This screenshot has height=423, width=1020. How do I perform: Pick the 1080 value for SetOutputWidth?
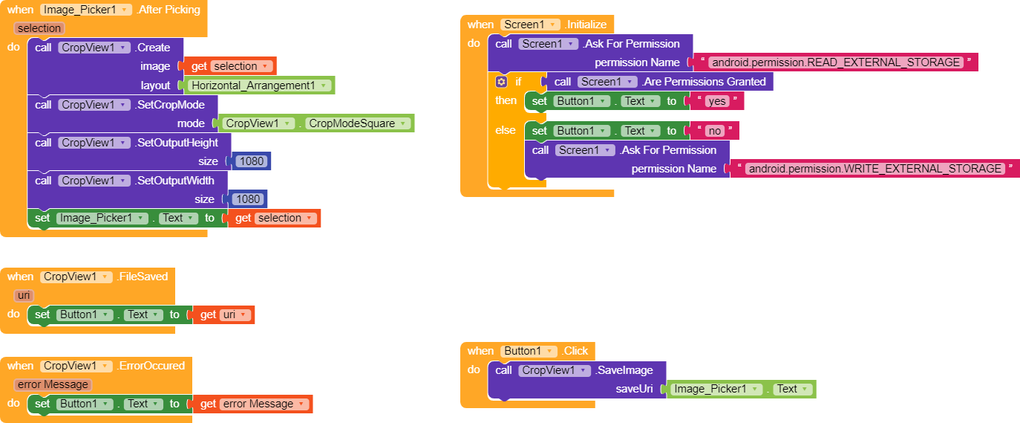pyautogui.click(x=248, y=199)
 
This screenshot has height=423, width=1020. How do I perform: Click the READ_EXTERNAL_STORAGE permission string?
pyautogui.click(x=835, y=62)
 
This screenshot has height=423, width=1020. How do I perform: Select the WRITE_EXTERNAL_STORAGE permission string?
pyautogui.click(x=874, y=169)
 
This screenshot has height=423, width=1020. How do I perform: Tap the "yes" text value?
pyautogui.click(x=717, y=101)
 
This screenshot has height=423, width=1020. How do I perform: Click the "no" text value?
pyautogui.click(x=714, y=131)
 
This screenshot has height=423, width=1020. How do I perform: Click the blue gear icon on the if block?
pyautogui.click(x=501, y=82)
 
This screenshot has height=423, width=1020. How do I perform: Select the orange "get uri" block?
pyautogui.click(x=223, y=314)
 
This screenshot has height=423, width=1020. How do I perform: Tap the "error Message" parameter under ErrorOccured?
pyautogui.click(x=52, y=384)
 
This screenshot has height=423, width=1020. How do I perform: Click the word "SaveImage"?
pyautogui.click(x=624, y=370)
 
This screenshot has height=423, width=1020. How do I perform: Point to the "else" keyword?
pyautogui.click(x=505, y=130)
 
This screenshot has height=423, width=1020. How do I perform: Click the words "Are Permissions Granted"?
pyautogui.click(x=704, y=82)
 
